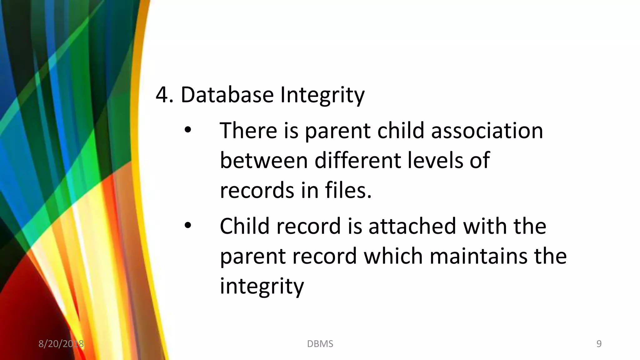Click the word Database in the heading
227,95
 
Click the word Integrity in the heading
322,95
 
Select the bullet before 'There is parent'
187,130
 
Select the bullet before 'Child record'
187,225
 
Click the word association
487,130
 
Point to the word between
264,160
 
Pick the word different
357,160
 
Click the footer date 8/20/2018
61,344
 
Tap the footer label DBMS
320,344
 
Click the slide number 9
599,344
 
